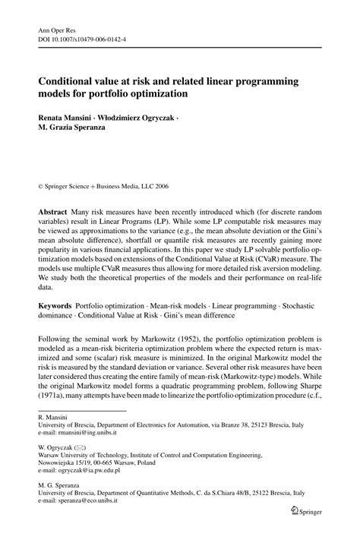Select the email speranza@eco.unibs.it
point(88,523)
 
